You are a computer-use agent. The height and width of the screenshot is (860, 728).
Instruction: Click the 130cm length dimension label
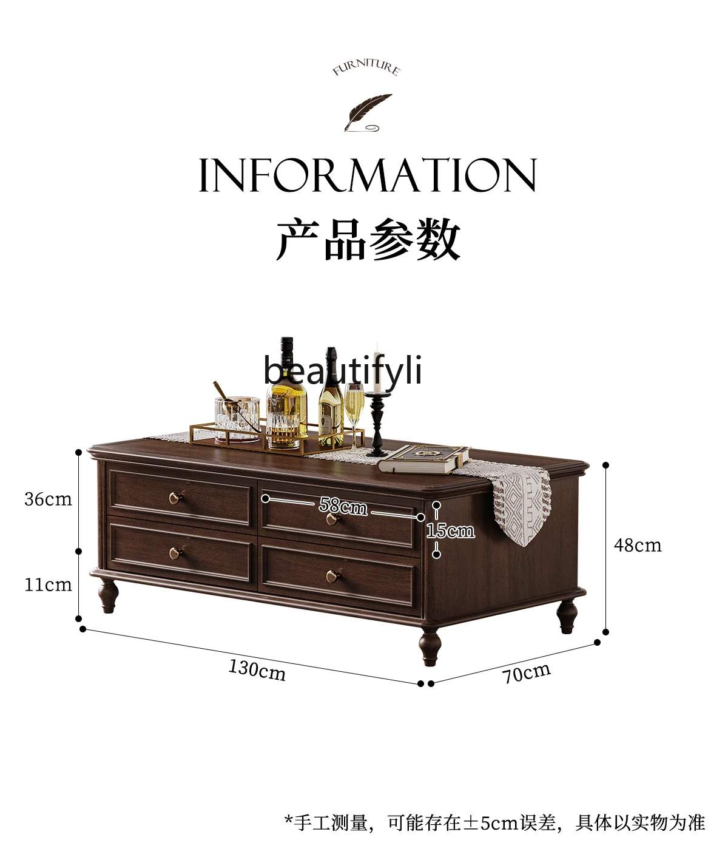257,670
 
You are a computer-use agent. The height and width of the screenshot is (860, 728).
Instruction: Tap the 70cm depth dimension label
526,672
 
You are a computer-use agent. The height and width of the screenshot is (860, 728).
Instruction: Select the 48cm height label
638,545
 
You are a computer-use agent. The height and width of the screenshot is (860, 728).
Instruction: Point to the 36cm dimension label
49,499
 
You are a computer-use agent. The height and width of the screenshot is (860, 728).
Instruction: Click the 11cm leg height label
49,584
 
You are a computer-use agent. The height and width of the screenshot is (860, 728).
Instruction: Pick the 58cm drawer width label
343,506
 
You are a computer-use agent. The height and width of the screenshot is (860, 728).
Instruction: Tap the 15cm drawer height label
450,530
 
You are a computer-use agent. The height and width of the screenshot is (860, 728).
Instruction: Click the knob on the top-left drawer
175,498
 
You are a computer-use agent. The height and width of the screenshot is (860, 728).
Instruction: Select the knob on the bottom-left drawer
175,553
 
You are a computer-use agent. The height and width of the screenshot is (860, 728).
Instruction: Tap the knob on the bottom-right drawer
332,577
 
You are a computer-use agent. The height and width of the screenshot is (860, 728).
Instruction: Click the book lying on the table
424,458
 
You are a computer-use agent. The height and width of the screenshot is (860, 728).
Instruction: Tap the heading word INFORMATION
368,175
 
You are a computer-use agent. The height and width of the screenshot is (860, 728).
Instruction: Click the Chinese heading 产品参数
368,239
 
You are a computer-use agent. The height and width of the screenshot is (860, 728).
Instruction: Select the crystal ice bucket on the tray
237,418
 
